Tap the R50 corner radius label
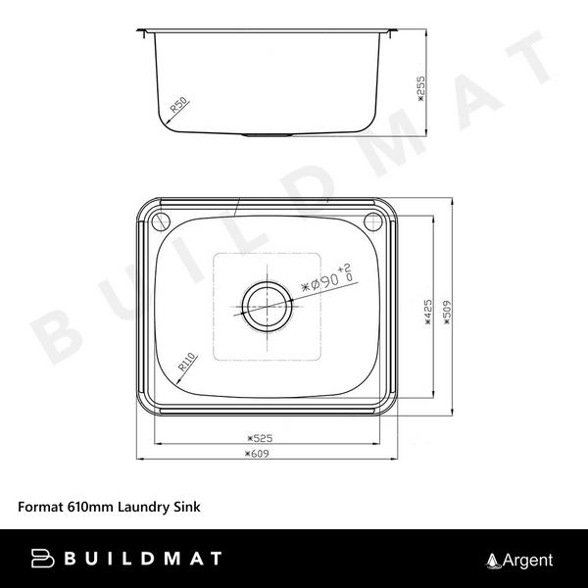tap(179, 105)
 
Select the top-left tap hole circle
tap(162, 219)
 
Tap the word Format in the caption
tap(40, 508)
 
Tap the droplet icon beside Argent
tap(493, 561)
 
